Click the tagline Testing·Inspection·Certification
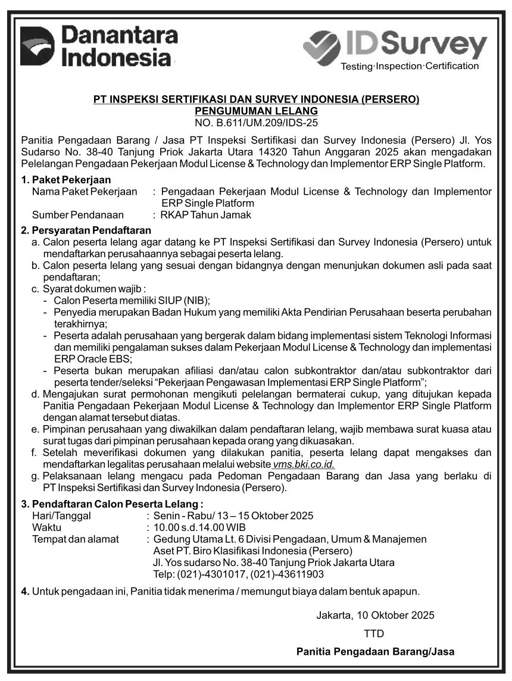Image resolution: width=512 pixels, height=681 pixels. [x=409, y=66]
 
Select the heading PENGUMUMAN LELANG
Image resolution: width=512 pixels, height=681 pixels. [x=257, y=111]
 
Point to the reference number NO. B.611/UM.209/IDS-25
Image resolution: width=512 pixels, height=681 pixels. [x=257, y=123]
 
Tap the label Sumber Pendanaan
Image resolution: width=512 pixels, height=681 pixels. [x=78, y=215]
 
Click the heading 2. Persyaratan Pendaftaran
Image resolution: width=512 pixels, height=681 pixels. [x=86, y=230]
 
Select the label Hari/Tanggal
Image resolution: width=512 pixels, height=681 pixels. [x=61, y=516]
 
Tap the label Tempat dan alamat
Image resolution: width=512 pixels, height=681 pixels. [x=76, y=539]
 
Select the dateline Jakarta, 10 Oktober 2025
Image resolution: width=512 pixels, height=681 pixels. [x=375, y=615]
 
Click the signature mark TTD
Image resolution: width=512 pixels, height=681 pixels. [x=374, y=633]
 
